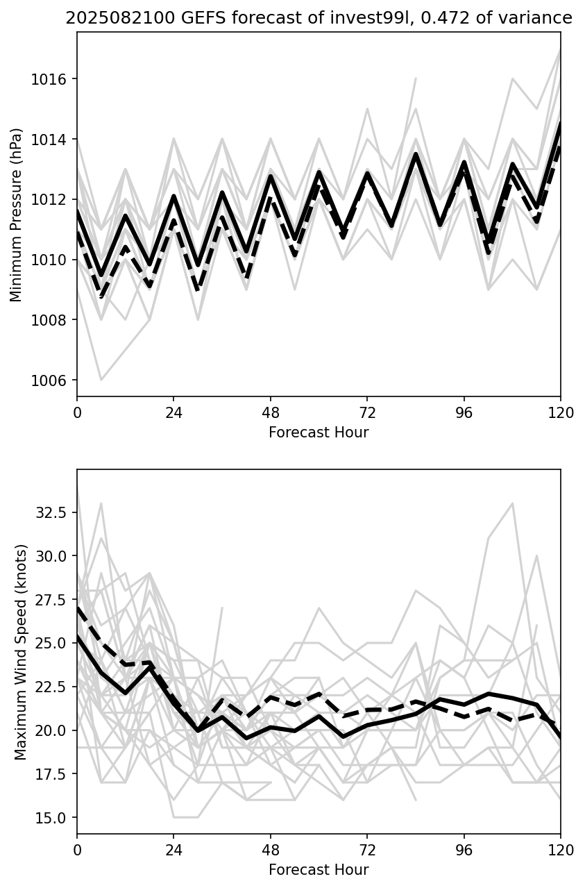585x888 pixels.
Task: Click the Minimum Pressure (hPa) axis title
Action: (x=17, y=215)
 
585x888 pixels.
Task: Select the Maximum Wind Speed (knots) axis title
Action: (x=20, y=652)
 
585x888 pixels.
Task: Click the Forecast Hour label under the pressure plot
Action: (x=319, y=433)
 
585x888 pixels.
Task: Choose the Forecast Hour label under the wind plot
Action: (x=319, y=870)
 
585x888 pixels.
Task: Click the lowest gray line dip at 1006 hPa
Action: (x=101, y=380)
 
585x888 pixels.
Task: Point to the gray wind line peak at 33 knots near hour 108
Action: (x=512, y=503)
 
